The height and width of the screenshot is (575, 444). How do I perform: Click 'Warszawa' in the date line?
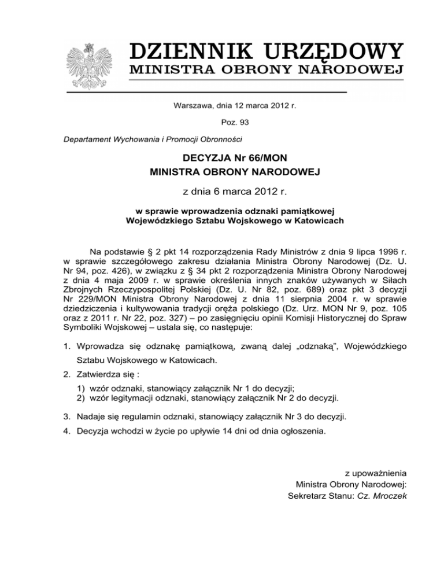point(193,105)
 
